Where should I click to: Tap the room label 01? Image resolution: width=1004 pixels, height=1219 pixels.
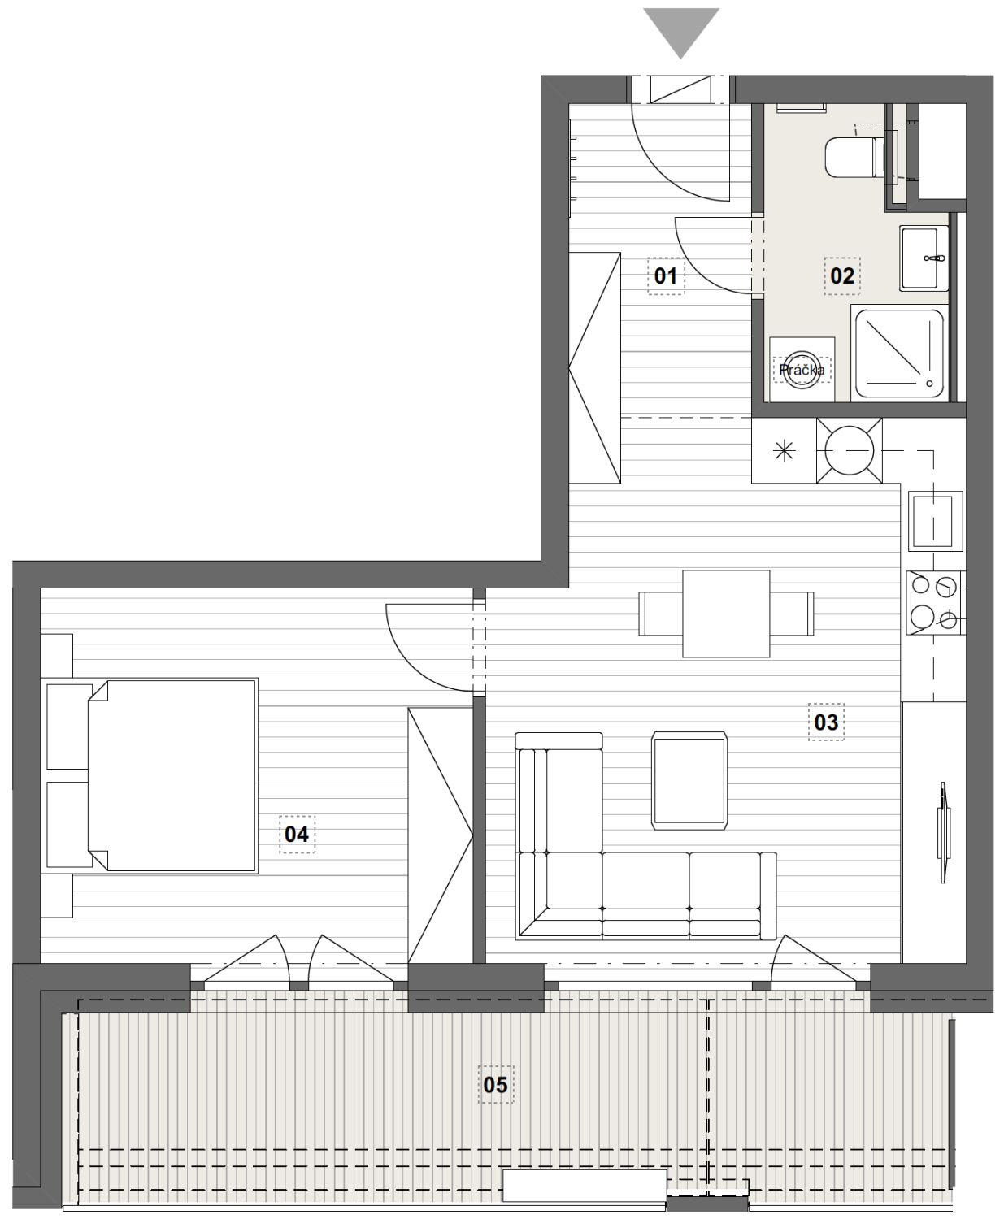click(x=666, y=276)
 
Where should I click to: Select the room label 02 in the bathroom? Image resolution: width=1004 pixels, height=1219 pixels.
click(x=842, y=276)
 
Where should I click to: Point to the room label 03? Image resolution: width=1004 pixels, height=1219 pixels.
click(x=826, y=722)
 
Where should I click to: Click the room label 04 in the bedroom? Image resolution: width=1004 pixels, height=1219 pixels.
click(x=297, y=835)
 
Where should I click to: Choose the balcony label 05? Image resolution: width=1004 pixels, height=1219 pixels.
click(x=496, y=1085)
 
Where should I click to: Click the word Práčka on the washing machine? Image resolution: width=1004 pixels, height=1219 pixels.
click(x=802, y=370)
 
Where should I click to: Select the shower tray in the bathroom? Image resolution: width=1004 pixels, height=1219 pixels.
click(x=899, y=354)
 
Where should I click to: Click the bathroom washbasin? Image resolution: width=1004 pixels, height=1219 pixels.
click(x=924, y=258)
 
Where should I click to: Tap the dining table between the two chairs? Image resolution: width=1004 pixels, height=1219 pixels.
click(x=726, y=614)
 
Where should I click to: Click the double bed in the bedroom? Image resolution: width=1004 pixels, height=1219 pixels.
click(x=172, y=775)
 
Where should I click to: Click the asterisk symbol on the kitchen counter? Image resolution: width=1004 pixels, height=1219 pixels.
click(x=784, y=451)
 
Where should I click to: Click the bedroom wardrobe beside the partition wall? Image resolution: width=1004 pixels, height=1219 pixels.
click(x=441, y=835)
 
